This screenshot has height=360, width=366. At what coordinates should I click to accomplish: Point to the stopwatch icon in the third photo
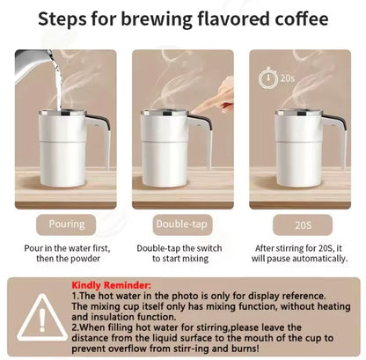tap(266, 77)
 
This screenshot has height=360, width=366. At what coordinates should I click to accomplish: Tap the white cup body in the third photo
tap(299, 150)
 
